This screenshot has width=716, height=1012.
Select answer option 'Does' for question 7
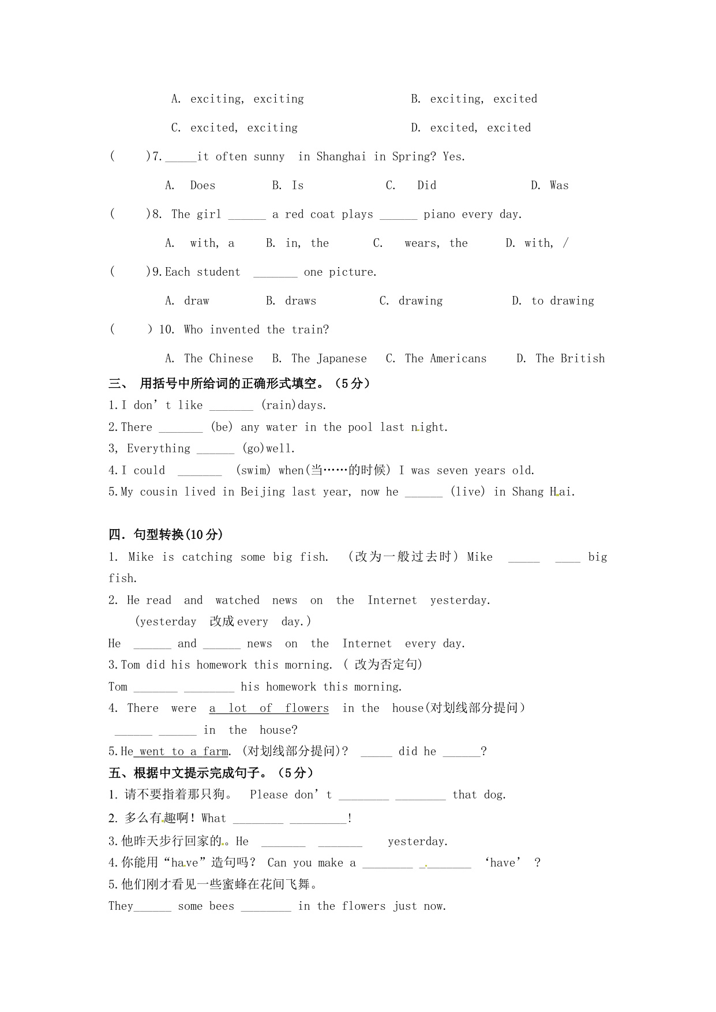[203, 186]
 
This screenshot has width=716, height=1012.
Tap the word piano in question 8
[439, 215]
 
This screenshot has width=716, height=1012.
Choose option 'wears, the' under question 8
[436, 243]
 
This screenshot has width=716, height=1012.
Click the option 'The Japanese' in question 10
[329, 359]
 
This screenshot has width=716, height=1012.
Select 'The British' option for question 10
[570, 359]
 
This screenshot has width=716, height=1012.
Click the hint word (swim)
[253, 471]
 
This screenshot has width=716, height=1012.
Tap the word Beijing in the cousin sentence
[263, 492]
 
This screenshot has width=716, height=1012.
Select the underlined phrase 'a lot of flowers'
[269, 709]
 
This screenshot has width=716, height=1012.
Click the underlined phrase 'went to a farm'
[183, 752]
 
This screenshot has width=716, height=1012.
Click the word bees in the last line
[222, 906]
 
